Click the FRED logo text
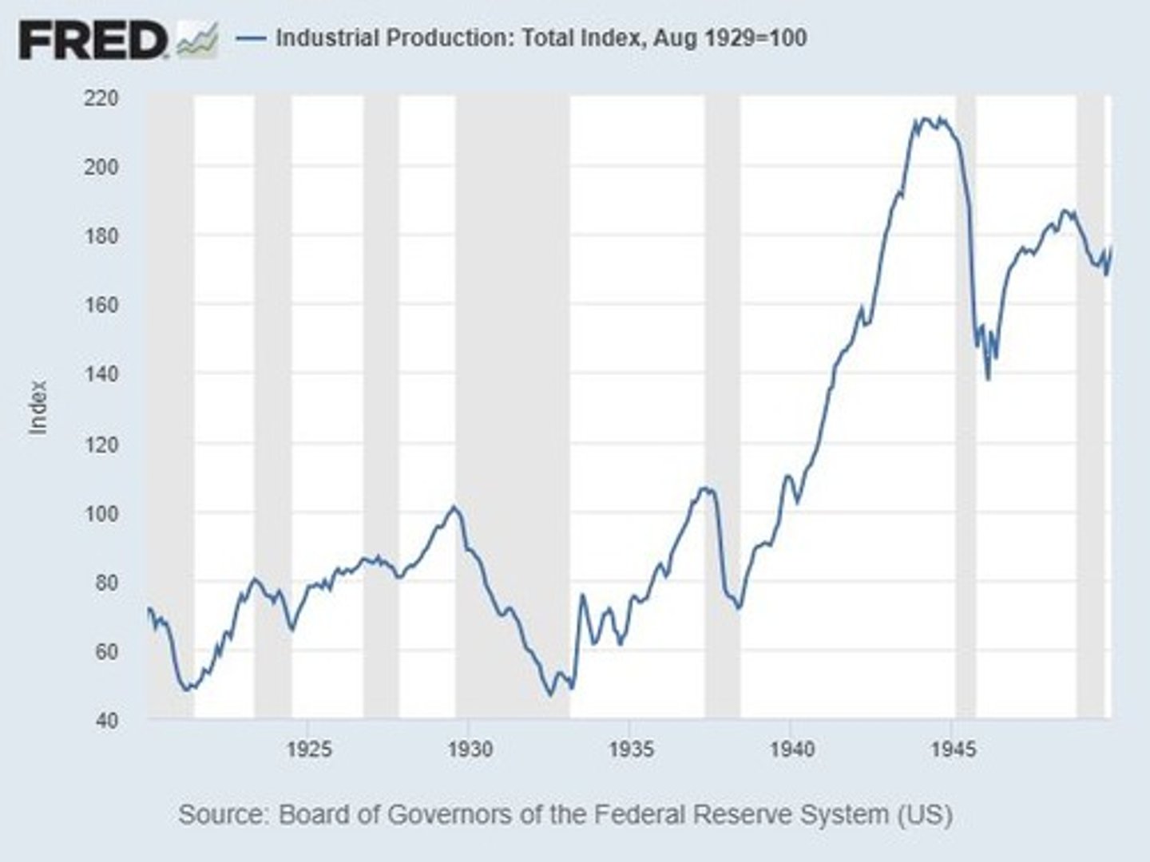(x=93, y=39)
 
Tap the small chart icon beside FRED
(x=197, y=41)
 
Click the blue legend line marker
(x=252, y=38)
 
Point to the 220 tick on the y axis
(x=101, y=98)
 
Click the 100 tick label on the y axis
(x=101, y=513)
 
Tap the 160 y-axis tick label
(x=101, y=305)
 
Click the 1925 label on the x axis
(x=309, y=749)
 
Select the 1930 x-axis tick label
(x=470, y=749)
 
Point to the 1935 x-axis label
(x=631, y=749)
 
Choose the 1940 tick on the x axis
(x=792, y=749)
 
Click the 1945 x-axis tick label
(x=954, y=749)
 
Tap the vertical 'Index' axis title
(x=38, y=408)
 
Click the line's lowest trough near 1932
(x=549, y=695)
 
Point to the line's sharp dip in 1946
(x=988, y=379)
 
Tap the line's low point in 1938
(x=739, y=609)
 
